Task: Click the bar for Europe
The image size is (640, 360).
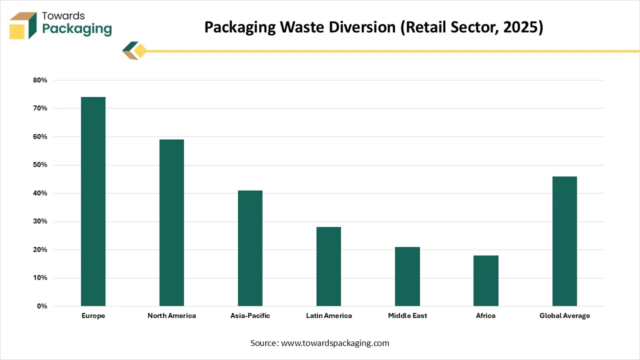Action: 93,201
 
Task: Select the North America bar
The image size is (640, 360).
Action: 171,222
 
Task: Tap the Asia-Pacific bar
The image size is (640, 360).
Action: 250,248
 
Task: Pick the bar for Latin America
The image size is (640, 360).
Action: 328,266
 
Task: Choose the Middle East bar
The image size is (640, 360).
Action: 407,276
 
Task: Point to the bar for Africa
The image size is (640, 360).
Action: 486,280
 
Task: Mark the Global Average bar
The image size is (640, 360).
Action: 564,241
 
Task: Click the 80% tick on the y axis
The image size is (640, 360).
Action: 40,80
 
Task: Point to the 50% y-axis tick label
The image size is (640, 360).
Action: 40,165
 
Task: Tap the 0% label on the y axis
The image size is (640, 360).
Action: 42,306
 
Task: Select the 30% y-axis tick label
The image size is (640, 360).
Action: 40,221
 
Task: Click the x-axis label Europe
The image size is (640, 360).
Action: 93,316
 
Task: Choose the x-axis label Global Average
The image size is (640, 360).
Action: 564,316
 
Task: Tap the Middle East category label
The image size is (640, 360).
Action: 407,316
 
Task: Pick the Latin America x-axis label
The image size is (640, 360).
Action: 329,316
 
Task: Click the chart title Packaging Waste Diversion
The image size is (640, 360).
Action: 373,27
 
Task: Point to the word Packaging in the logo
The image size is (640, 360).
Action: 77,29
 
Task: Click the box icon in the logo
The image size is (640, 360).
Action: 23,25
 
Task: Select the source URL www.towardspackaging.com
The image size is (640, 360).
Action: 335,343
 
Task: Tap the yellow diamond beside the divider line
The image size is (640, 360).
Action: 140,51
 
